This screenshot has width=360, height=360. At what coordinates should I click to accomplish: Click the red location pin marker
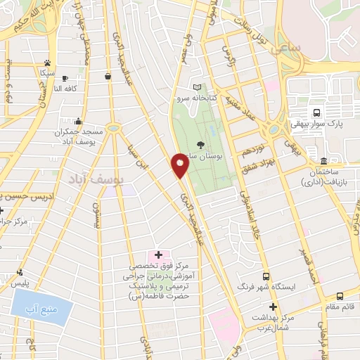coord(181,165)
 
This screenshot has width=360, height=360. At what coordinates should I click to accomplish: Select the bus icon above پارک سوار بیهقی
coord(316,112)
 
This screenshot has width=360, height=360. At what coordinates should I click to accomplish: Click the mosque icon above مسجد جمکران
coord(77,120)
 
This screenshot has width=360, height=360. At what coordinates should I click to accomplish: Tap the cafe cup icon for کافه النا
coord(65,79)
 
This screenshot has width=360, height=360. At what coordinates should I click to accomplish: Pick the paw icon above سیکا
coord(47,63)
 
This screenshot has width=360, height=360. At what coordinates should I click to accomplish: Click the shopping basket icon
coord(107,76)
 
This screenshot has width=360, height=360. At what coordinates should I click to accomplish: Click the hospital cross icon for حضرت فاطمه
coord(158,254)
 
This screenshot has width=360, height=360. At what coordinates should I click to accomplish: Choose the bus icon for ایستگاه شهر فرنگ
coord(266,276)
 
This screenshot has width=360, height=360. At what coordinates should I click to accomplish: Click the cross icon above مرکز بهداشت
coord(273,307)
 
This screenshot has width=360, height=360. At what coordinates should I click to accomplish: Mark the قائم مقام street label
coord(345,307)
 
